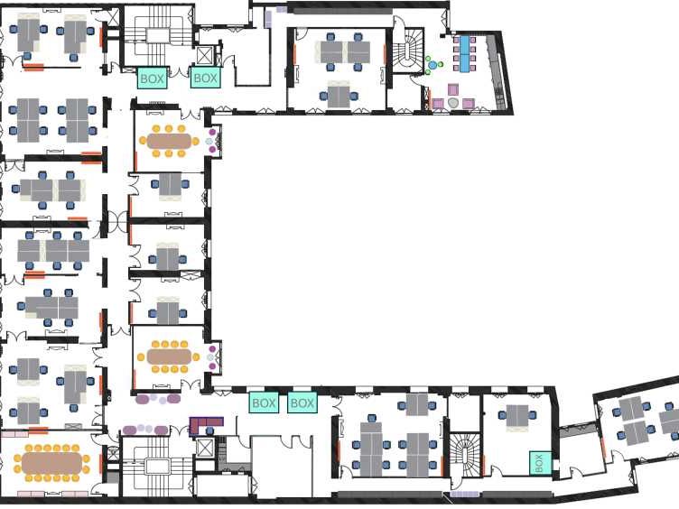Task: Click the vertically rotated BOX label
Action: (539, 463)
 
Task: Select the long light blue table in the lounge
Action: (466, 51)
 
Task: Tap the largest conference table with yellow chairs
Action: (52, 463)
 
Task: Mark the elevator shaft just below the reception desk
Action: (206, 446)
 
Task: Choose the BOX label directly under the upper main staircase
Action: (153, 79)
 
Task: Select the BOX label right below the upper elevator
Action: (206, 79)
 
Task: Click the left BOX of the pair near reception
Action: (264, 403)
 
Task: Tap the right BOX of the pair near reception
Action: (302, 403)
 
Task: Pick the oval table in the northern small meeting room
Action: (170, 142)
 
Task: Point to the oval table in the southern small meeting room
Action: (170, 356)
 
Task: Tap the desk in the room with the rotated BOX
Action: (517, 415)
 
